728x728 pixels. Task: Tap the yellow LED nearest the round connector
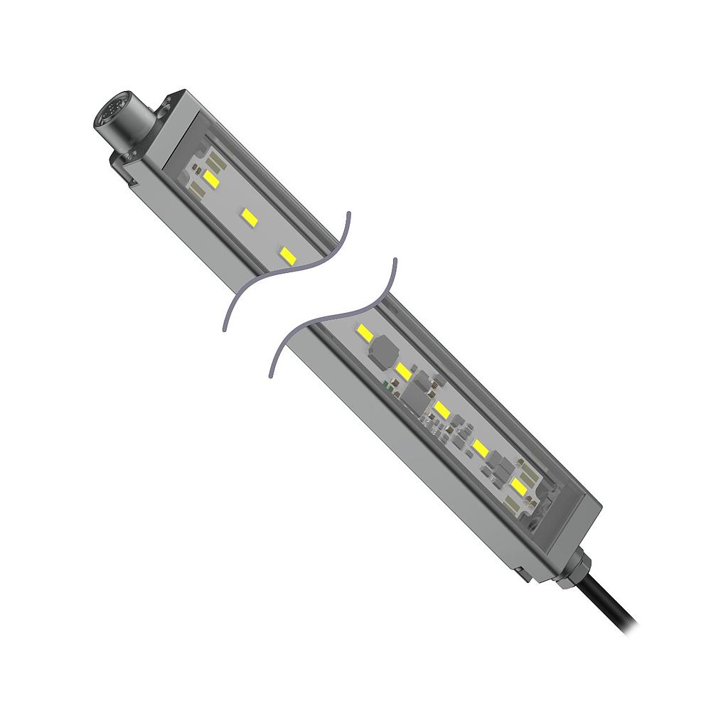[212, 178]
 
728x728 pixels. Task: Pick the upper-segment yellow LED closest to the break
[287, 255]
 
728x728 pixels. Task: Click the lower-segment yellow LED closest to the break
[365, 332]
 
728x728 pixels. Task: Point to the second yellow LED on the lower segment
[404, 370]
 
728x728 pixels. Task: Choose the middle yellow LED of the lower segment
[442, 409]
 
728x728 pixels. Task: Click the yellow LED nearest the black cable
[519, 486]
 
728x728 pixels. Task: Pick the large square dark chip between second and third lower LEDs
[417, 395]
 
